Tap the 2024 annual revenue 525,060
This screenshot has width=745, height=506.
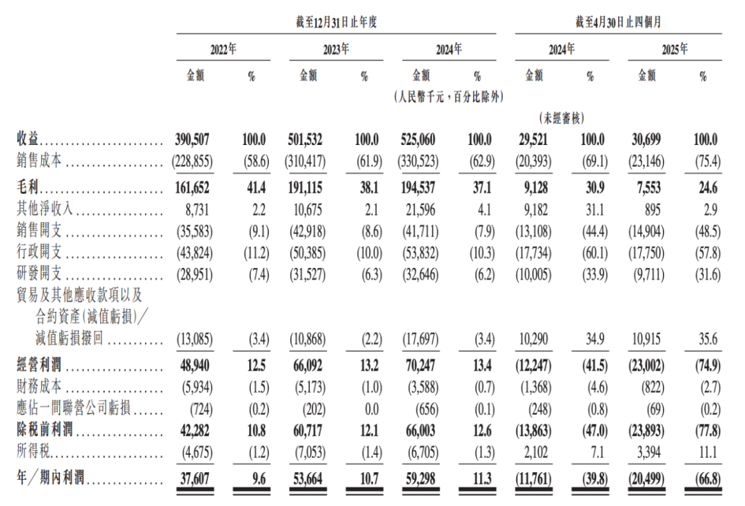417,139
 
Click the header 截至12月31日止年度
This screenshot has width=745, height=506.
336,22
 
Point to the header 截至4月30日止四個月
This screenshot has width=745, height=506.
617,22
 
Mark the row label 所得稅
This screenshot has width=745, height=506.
32,454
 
